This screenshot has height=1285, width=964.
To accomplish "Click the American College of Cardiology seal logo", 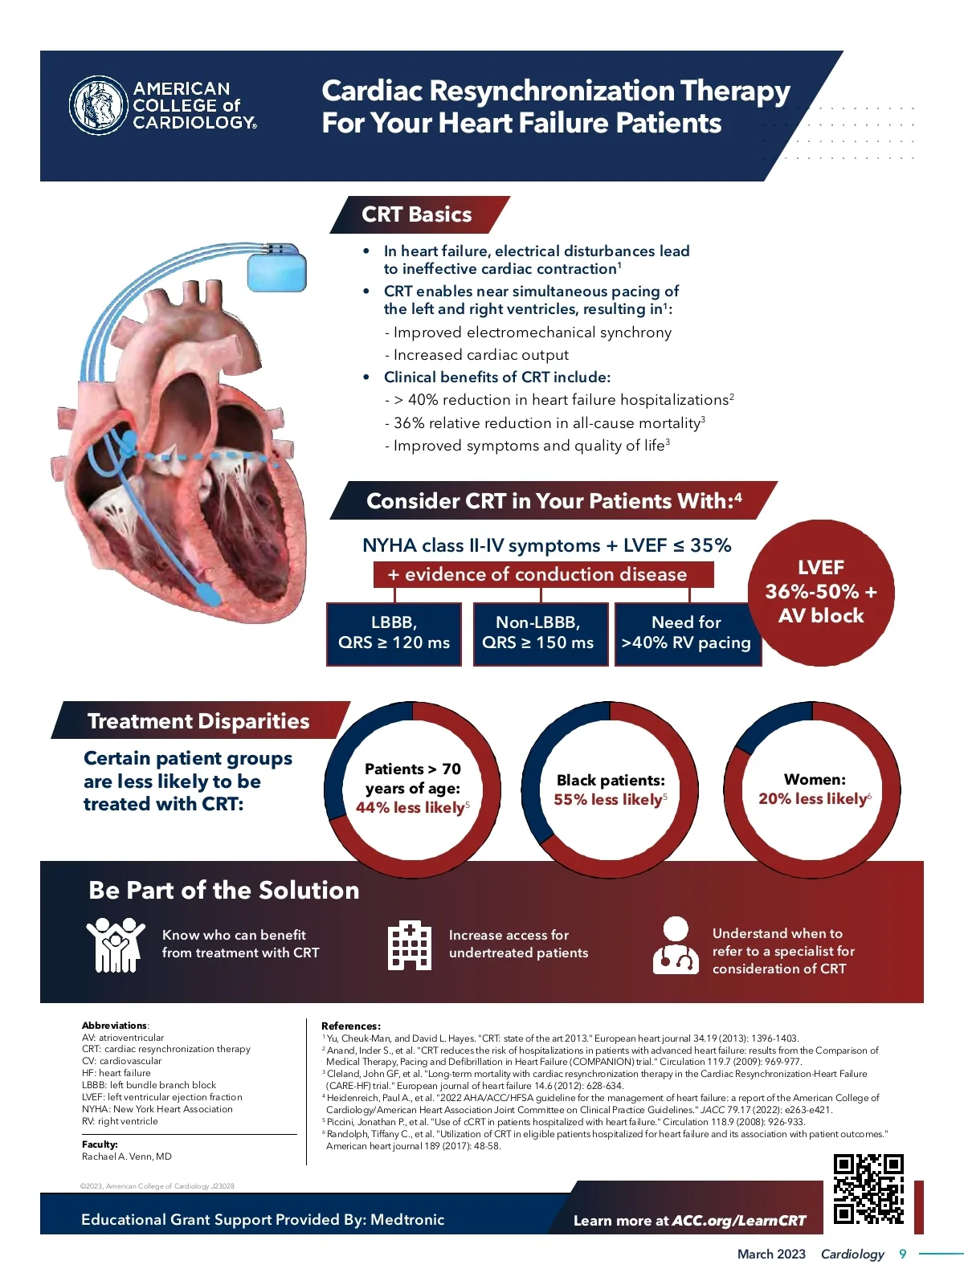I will [x=99, y=105].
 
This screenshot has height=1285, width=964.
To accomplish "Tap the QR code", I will [x=868, y=1189].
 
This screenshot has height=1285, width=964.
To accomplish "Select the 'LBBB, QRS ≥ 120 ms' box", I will [x=394, y=633].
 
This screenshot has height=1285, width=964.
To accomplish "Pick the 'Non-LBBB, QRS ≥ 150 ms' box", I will [x=538, y=633].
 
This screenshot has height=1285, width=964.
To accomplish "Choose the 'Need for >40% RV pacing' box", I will [x=686, y=633].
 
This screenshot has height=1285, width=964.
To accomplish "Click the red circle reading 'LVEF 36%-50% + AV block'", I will [x=820, y=593].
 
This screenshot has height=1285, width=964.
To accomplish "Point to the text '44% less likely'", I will [x=411, y=808].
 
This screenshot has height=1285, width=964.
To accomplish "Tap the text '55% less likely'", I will [x=608, y=800].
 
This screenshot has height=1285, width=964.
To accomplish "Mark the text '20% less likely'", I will [x=813, y=799].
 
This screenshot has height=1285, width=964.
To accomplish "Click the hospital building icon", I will [x=410, y=945].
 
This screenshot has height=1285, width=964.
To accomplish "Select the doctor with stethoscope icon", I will [x=676, y=945].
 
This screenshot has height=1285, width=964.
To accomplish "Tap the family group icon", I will [x=116, y=945].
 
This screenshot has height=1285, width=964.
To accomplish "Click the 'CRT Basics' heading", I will [x=417, y=214].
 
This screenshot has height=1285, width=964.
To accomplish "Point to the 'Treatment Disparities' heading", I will [x=198, y=721].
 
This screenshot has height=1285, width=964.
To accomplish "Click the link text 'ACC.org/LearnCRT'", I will [x=738, y=1221].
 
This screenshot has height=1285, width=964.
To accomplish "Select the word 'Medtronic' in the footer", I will [x=407, y=1219].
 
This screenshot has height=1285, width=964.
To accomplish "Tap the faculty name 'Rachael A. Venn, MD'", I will [x=127, y=1156].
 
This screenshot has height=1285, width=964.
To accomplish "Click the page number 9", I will [x=902, y=1254].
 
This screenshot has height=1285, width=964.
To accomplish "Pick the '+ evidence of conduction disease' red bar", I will [x=537, y=574].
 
